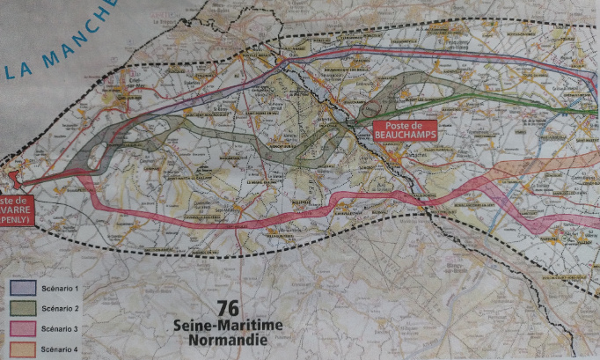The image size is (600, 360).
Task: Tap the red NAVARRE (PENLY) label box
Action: (16, 211)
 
